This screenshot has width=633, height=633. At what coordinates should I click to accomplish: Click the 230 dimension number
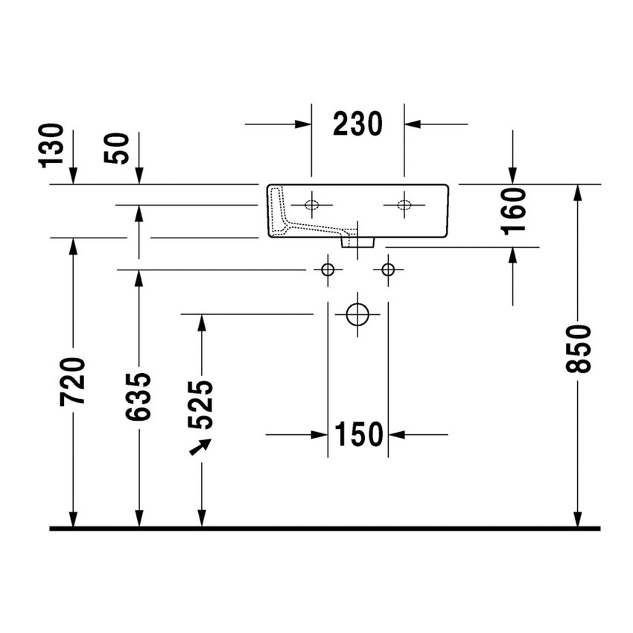pos(357,124)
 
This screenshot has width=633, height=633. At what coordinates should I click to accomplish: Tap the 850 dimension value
pos(578,349)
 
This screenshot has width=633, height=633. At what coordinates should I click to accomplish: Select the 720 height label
pos(73,381)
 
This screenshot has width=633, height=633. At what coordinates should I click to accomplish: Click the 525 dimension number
pos(200,404)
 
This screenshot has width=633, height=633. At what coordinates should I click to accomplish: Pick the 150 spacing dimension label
pos(359,434)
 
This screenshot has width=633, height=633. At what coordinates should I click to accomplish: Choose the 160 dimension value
pos(513,211)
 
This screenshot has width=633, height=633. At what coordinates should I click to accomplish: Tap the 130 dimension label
pos(51,145)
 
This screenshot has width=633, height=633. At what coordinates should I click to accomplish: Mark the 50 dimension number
pos(116,148)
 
